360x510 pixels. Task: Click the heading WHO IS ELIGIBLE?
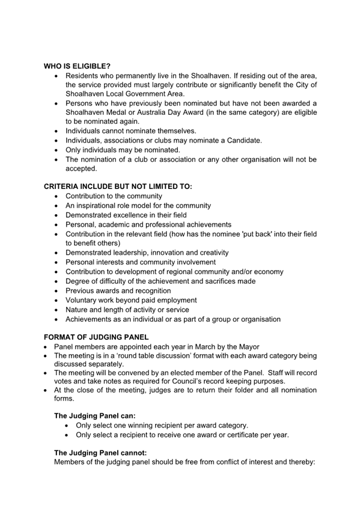pyautogui.click(x=78, y=66)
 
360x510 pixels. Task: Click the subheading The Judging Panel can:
pyautogui.click(x=96, y=415)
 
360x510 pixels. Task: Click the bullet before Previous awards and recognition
pyautogui.click(x=56, y=290)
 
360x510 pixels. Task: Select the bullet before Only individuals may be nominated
pyautogui.click(x=56, y=150)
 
